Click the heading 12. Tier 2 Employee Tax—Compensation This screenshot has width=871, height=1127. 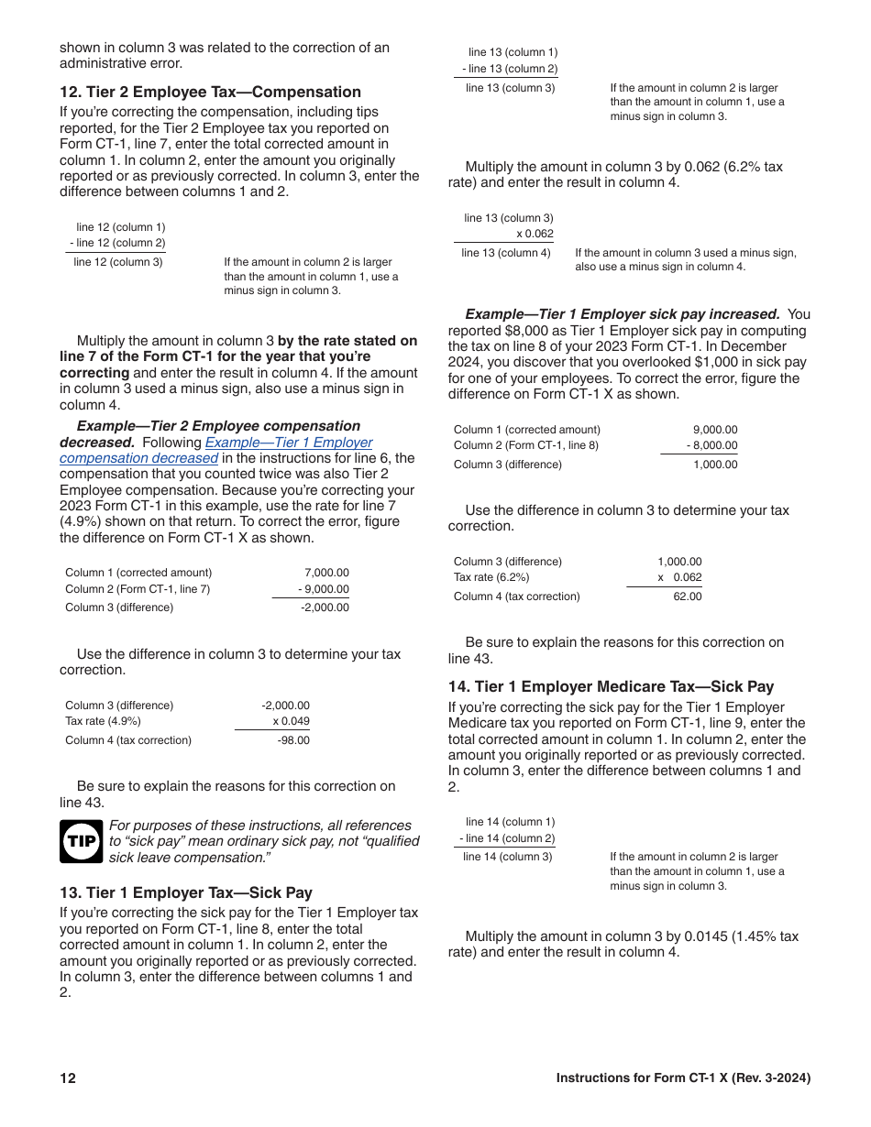tap(210, 92)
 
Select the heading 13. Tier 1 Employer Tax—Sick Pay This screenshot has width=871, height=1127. tap(185, 892)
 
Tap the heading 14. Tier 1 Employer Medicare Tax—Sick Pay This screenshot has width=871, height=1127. tap(611, 686)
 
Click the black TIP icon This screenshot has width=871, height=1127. tap(81, 841)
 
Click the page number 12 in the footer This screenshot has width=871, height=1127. tap(68, 1078)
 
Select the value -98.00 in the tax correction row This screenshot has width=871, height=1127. tap(293, 740)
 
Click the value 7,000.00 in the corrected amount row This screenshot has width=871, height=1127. tap(326, 573)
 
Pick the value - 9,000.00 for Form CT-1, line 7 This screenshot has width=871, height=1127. tap(324, 589)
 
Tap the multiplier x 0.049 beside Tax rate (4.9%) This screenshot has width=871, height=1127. tap(291, 721)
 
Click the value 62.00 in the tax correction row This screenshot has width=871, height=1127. tap(687, 596)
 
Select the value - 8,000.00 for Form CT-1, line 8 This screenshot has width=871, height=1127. tap(711, 446)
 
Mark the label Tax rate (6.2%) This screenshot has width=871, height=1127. tap(491, 577)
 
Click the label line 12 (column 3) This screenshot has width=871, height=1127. tap(118, 262)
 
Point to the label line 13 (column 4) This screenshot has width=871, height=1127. tap(506, 253)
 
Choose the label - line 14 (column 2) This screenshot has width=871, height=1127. tap(507, 838)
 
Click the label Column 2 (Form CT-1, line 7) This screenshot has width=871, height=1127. tap(138, 589)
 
